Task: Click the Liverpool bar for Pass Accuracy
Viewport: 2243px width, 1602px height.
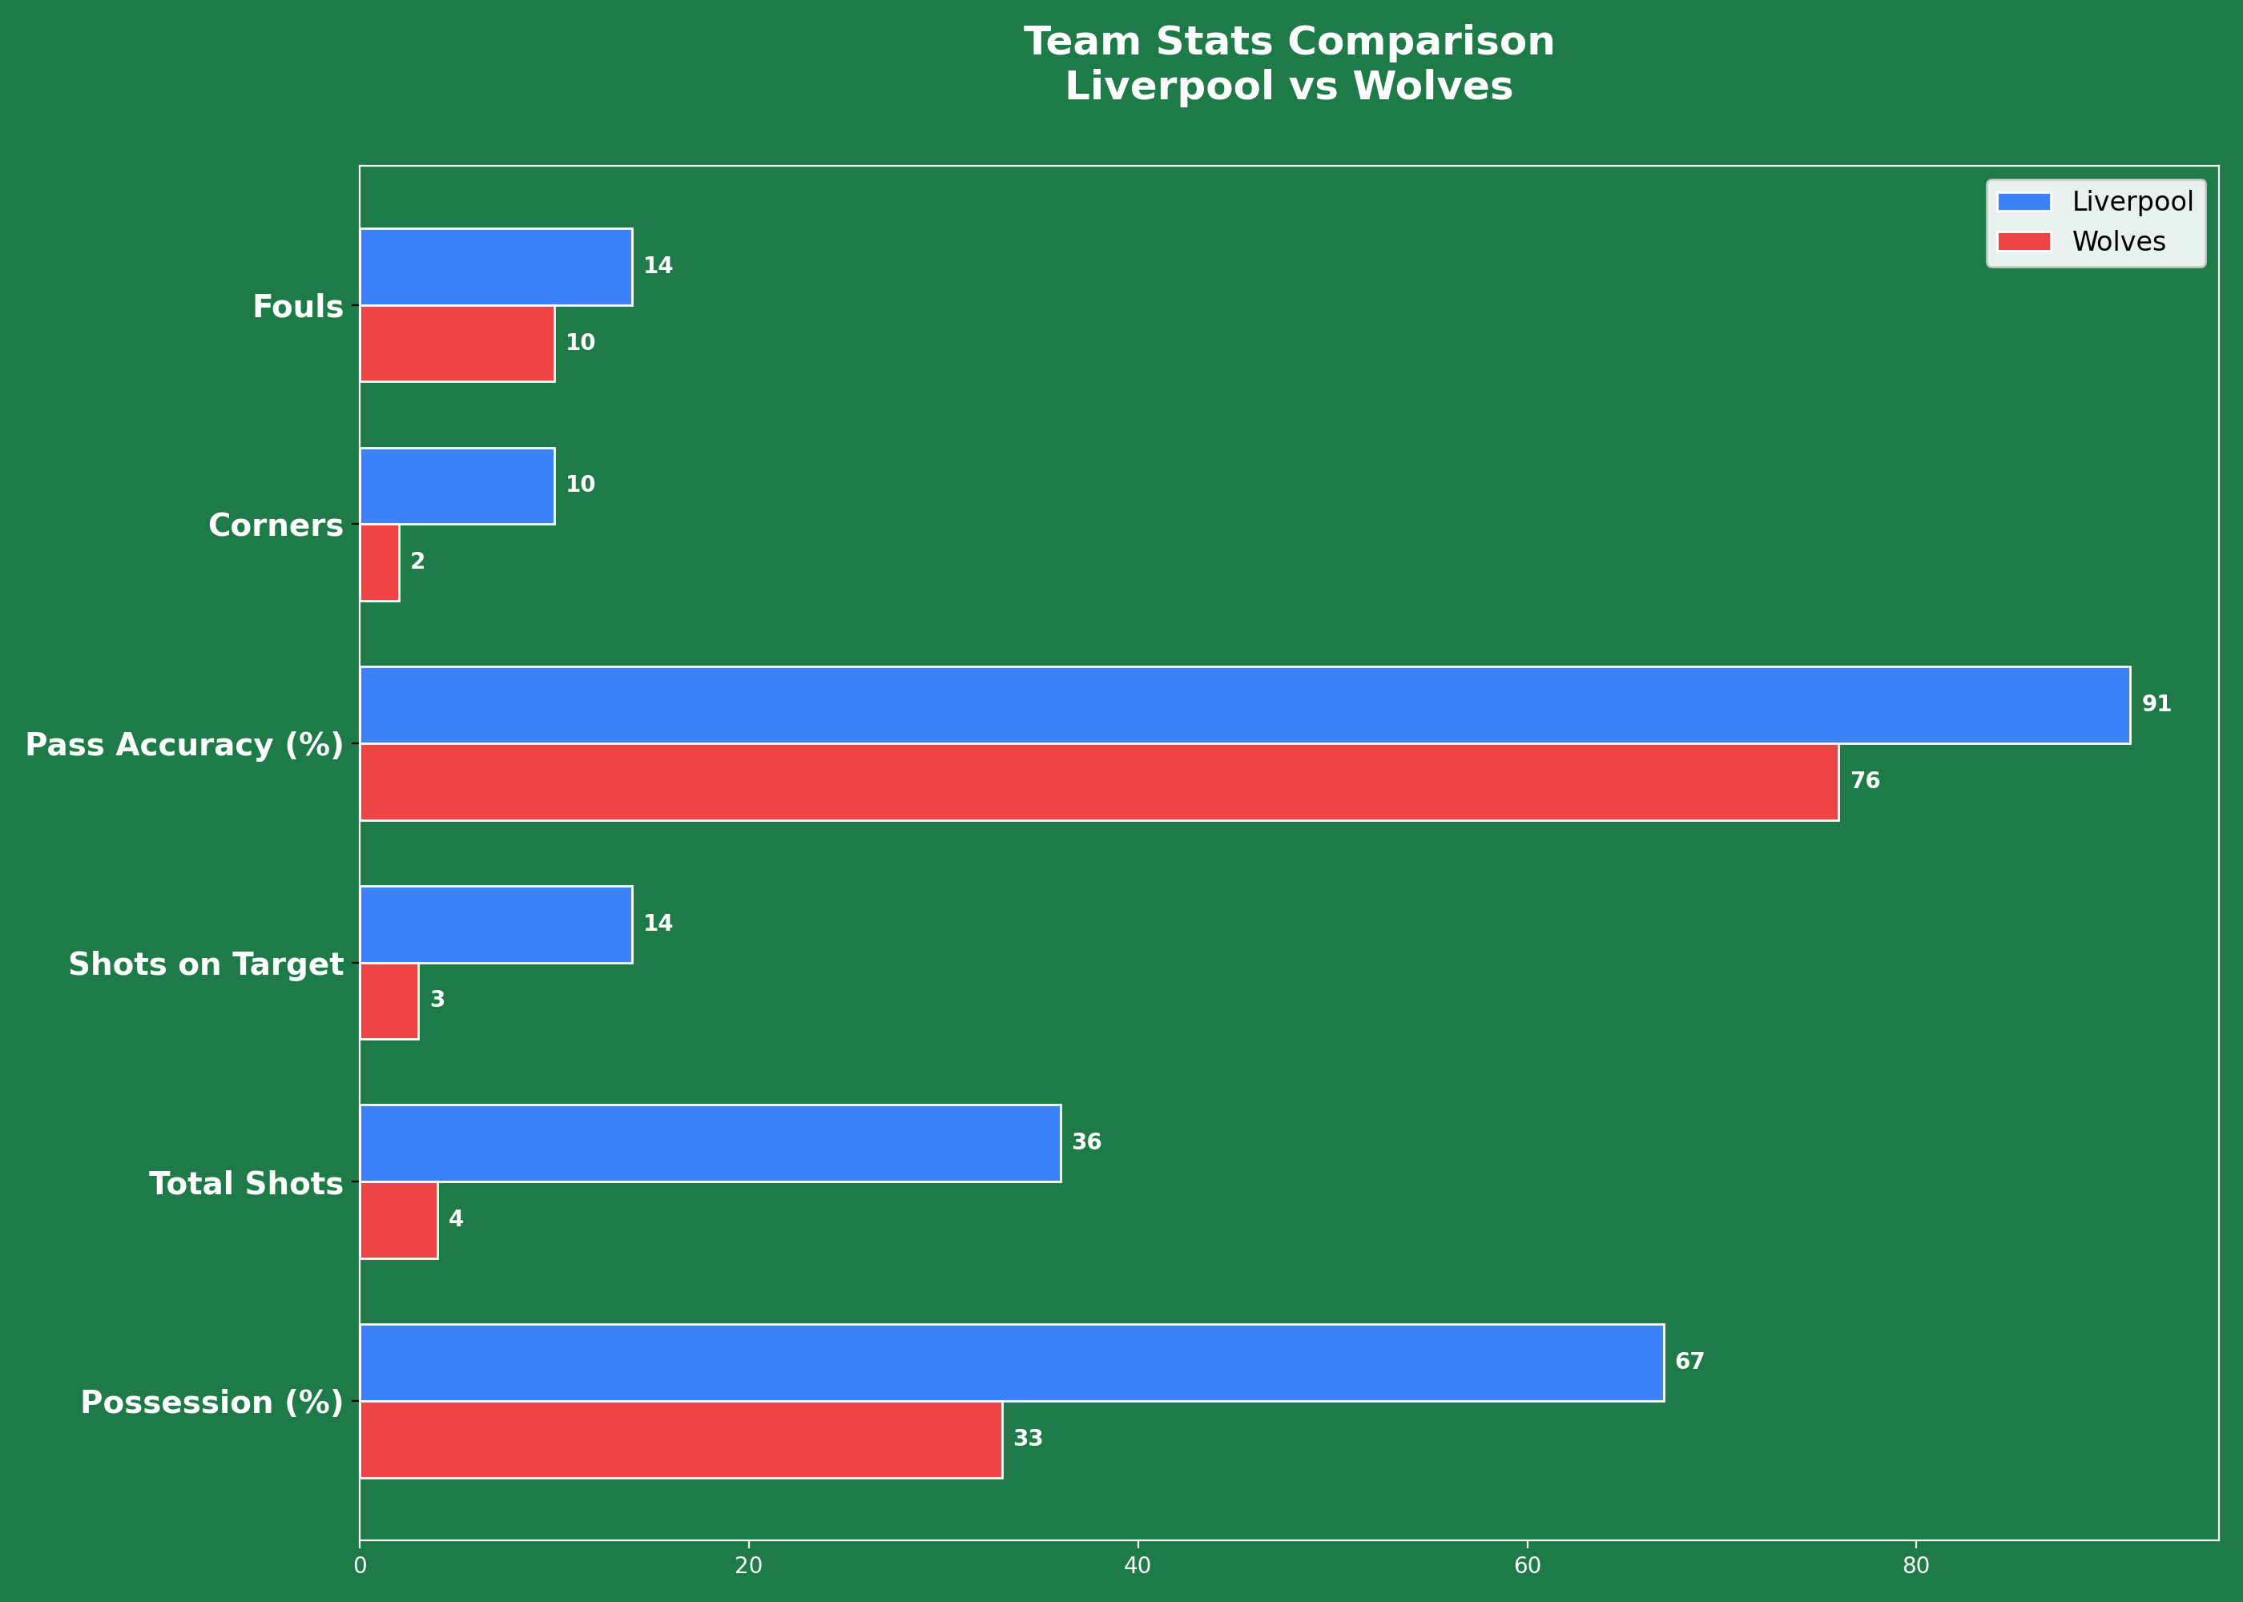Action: [1245, 704]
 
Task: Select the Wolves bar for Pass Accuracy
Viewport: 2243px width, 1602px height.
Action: [1099, 781]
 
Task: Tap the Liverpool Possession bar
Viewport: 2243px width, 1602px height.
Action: [1011, 1363]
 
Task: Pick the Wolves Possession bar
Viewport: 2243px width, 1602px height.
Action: [681, 1439]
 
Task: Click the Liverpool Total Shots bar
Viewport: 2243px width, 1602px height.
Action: [711, 1142]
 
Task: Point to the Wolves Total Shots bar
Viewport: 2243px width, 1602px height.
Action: [398, 1220]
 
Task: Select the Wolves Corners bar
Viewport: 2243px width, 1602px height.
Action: [380, 562]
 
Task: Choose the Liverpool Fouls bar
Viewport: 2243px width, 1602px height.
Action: [496, 267]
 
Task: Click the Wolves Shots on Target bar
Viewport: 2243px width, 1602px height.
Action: [389, 1000]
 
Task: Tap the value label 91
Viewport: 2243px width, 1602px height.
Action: [2156, 704]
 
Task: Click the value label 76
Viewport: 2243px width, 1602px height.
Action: [1865, 781]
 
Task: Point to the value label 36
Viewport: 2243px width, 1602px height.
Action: [1086, 1142]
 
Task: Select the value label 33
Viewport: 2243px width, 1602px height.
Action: [1028, 1439]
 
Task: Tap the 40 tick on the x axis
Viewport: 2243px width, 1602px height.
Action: [1138, 1565]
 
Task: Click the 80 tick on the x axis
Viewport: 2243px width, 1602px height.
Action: [1915, 1565]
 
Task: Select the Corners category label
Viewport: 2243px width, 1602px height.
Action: [276, 525]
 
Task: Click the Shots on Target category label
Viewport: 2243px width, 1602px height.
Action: [205, 964]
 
